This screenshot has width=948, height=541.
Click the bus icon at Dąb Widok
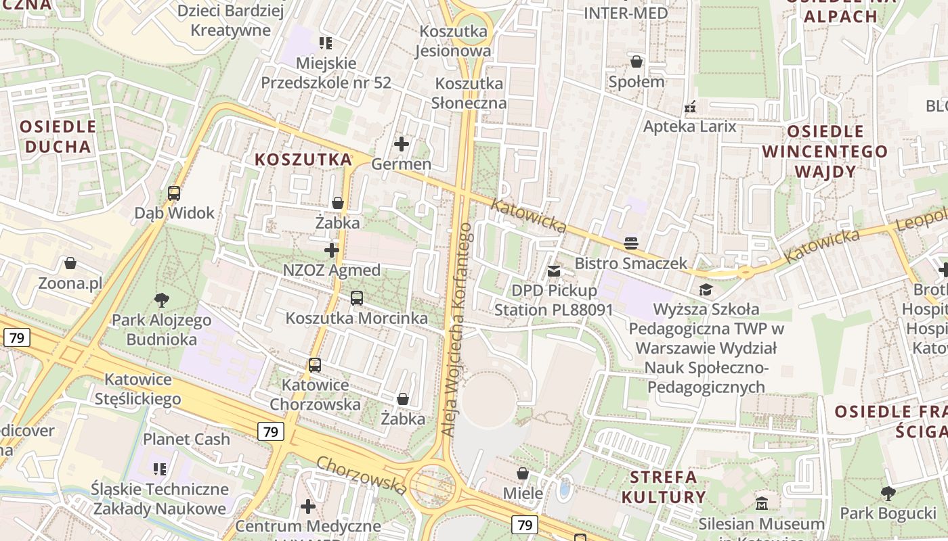pos(174,193)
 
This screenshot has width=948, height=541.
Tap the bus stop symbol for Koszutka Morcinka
pos(356,298)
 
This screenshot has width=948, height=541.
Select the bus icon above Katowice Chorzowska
pos(315,365)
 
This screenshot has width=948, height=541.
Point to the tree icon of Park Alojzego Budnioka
pos(161,300)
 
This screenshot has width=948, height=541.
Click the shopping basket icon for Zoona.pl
pos(70,262)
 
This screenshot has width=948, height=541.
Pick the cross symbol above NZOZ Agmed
pos(332,250)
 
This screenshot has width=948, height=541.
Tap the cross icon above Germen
pos(402,143)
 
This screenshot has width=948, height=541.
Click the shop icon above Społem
pos(637,62)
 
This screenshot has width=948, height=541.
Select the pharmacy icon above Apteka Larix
pos(690,106)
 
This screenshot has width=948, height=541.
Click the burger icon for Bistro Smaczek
pos(631,243)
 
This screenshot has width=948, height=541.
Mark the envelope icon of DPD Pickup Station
pos(554,270)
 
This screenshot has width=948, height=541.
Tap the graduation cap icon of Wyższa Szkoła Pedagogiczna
pos(706,289)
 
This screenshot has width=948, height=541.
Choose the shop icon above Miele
pos(523,473)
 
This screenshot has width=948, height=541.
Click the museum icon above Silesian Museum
pos(762,503)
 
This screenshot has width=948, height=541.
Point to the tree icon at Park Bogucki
pos(888,493)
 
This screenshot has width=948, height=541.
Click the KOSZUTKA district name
pos(303,160)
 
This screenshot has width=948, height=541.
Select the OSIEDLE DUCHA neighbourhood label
pos(58,137)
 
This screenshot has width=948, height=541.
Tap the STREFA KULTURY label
pos(664,487)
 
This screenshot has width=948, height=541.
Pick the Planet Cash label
pos(186,439)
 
